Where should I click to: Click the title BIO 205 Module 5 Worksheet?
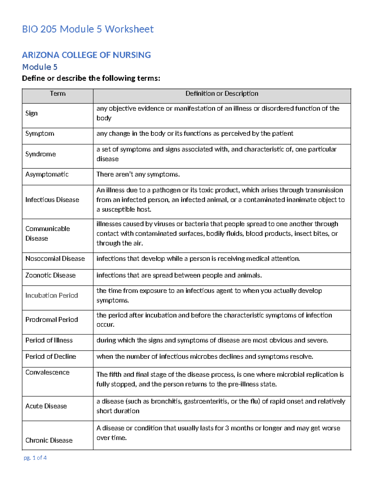pos(88,29)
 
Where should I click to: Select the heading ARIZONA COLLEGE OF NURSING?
pos(86,55)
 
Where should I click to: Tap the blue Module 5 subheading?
pos(39,67)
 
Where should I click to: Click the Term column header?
pos(58,94)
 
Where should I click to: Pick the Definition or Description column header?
pos(222,94)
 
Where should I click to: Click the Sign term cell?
pos(31,113)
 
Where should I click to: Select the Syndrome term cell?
pos(40,154)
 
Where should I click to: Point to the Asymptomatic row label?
pos(47,174)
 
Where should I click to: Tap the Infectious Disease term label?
pos(52,200)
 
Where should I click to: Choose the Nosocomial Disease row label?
pos(55,259)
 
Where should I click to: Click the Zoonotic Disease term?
pos(50,275)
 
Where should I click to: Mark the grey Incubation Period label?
pos(52,295)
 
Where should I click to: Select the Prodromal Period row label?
pos(52,320)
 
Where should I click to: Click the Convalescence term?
pos(47,372)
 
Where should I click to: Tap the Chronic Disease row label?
pos(49,440)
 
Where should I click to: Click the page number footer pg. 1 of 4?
pos(35,458)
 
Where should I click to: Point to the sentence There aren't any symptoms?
pos(138,174)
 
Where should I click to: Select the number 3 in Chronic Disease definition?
pos(227,428)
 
